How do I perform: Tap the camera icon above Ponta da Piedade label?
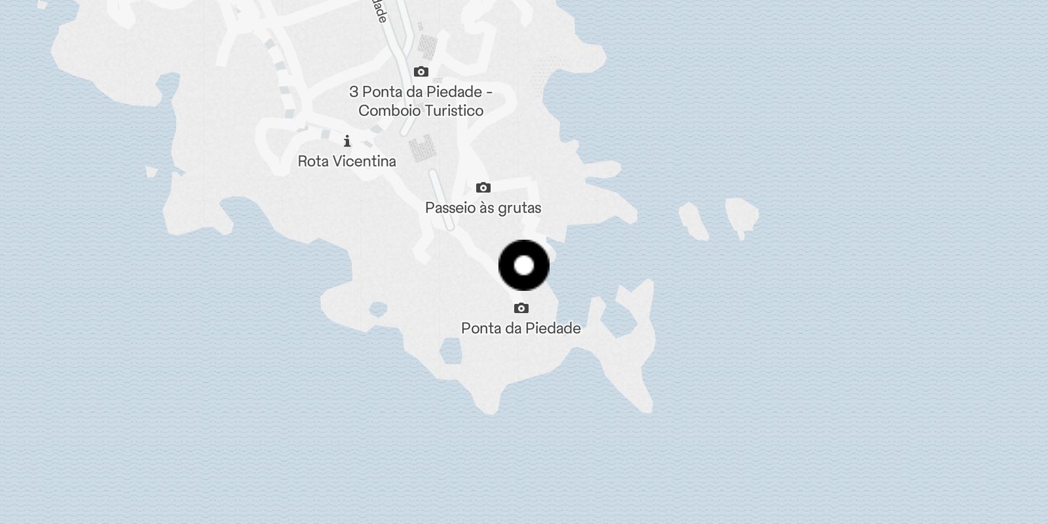[521, 308]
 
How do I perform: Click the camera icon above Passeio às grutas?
[483, 188]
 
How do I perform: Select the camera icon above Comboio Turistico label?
[421, 71]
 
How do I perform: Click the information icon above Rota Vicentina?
[347, 141]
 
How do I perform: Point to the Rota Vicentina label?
[346, 161]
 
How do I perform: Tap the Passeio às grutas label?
[483, 208]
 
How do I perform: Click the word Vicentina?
[366, 161]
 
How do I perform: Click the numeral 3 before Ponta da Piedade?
[354, 92]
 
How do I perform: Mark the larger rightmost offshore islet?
[741, 214]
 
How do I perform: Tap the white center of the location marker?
[524, 265]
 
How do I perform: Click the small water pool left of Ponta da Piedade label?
[450, 352]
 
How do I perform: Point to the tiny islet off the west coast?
[151, 172]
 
